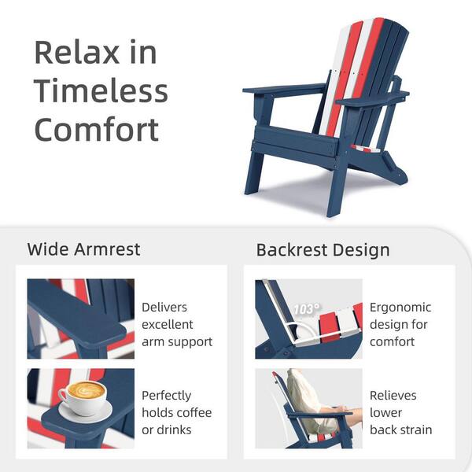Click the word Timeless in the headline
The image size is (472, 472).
[101, 91]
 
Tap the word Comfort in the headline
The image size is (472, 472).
[97, 128]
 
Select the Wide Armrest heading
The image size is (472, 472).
[83, 250]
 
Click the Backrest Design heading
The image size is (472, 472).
[323, 250]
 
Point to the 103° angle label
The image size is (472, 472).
[305, 309]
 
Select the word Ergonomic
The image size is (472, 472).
[400, 308]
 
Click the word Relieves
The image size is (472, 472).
[393, 396]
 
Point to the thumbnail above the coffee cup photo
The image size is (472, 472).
[80, 319]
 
